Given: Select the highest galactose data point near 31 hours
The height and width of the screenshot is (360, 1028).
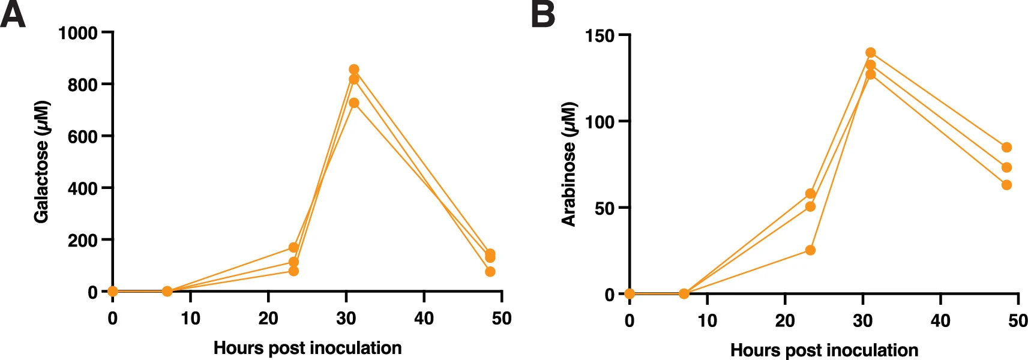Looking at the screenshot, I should click(x=353, y=70).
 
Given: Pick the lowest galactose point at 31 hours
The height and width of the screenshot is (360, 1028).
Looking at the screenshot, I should click(x=353, y=103).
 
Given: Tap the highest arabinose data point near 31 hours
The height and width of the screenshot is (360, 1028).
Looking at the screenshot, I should click(x=870, y=53).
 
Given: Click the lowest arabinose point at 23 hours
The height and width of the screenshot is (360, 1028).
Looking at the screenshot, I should click(x=810, y=250).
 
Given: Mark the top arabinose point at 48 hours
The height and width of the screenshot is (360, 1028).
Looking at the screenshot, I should click(x=1006, y=148).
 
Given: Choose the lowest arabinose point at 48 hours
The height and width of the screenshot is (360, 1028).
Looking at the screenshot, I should click(x=1006, y=185).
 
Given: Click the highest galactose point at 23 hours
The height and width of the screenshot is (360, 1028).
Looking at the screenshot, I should click(x=293, y=248).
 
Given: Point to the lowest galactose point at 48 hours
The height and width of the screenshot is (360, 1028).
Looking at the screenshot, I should click(x=490, y=272).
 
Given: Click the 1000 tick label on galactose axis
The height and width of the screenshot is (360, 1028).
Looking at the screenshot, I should click(x=77, y=33).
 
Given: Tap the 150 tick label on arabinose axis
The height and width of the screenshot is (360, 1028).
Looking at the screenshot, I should click(x=600, y=36).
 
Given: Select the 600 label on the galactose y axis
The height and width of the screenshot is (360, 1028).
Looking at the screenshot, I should click(x=82, y=137).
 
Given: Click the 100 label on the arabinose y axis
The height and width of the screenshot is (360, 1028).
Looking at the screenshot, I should click(x=600, y=122).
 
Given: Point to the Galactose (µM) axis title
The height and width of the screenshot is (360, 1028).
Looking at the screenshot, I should click(x=41, y=162).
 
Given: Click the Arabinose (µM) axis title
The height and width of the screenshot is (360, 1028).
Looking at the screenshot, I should click(x=568, y=164).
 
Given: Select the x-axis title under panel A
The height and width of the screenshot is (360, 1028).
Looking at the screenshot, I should click(x=307, y=348).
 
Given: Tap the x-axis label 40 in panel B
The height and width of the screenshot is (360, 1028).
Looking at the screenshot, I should click(x=940, y=321).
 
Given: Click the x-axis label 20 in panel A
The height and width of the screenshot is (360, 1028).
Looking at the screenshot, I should click(x=268, y=319).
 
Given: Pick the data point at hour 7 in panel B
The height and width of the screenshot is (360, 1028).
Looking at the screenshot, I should click(x=684, y=294).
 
